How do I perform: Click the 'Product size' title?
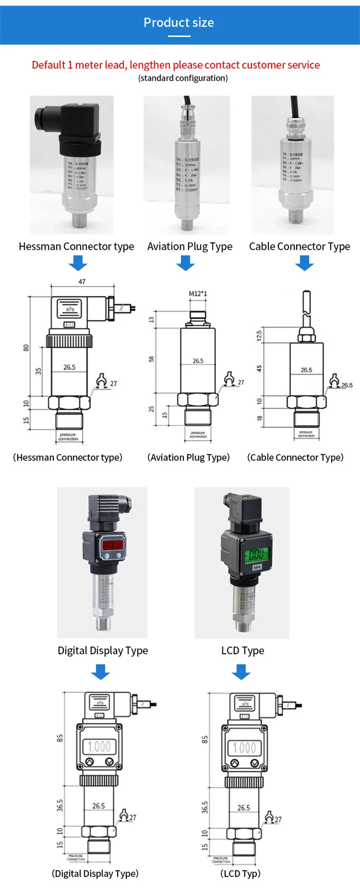[179, 22]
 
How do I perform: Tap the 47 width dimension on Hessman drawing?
[82, 282]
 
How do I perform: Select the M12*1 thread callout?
[198, 294]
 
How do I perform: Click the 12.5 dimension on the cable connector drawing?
[259, 336]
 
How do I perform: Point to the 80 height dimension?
[26, 348]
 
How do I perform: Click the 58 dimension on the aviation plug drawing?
[152, 359]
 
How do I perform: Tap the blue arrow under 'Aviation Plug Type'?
[185, 263]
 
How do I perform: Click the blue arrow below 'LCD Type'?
[242, 671]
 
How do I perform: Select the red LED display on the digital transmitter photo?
[112, 545]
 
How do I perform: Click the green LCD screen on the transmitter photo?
[256, 554]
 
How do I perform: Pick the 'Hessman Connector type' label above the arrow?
[77, 247]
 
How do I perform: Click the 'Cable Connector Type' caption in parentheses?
[295, 457]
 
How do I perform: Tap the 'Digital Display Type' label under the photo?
[103, 651]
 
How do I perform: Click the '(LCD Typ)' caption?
[241, 873]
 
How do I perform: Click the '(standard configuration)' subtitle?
[183, 78]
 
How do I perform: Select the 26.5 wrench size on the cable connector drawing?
[347, 385]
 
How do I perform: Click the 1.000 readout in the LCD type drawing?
[244, 748]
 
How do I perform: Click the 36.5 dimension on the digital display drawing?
[60, 805]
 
